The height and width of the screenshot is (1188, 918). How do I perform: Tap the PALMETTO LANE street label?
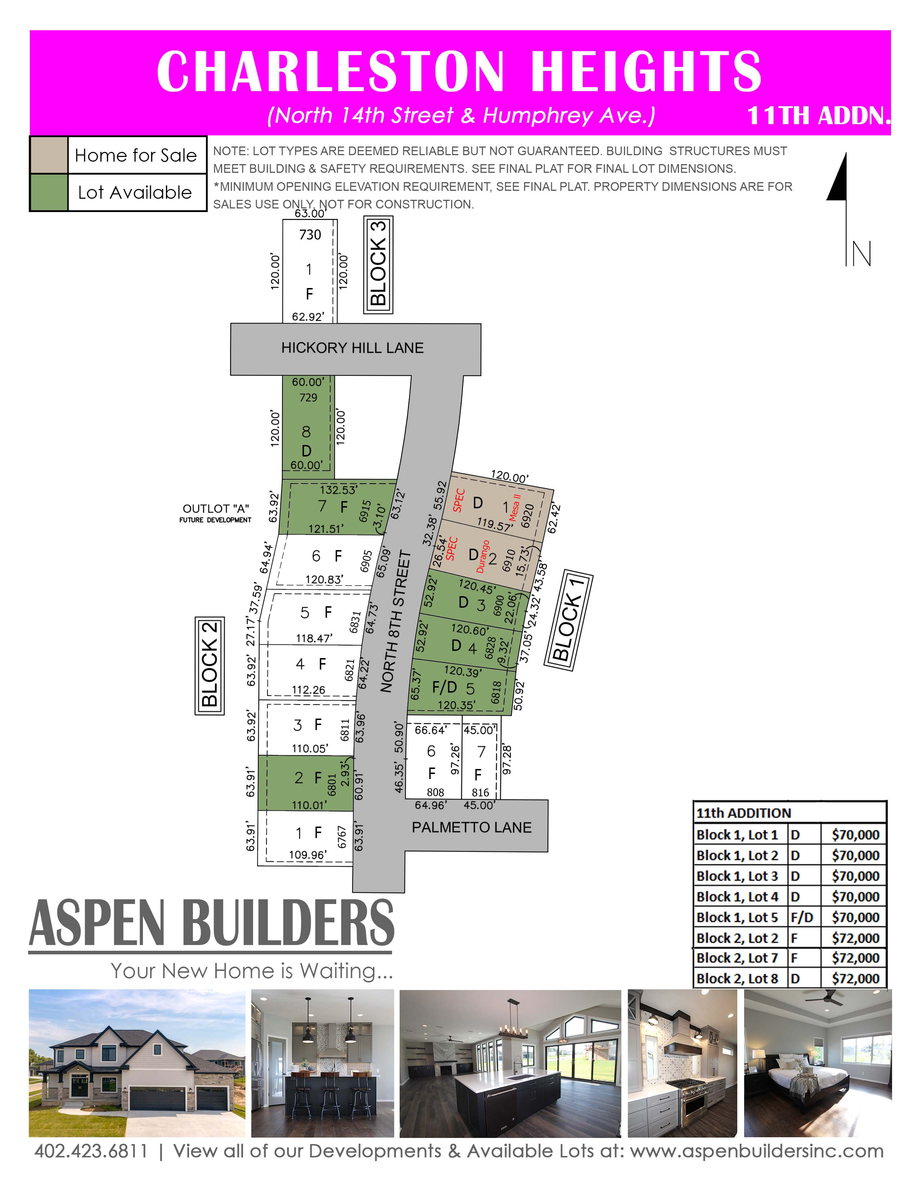472,827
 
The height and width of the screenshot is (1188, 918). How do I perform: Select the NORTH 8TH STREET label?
395,622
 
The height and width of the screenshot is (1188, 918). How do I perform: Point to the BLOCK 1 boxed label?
568,620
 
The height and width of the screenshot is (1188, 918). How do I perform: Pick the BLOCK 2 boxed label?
210,665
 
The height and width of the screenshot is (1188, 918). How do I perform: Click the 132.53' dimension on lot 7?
338,490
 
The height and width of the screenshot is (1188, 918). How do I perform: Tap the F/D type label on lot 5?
444,687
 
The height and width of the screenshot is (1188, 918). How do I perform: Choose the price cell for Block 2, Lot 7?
855,957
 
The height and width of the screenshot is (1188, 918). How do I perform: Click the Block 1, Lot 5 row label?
737,917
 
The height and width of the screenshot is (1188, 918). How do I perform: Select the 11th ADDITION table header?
743,813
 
